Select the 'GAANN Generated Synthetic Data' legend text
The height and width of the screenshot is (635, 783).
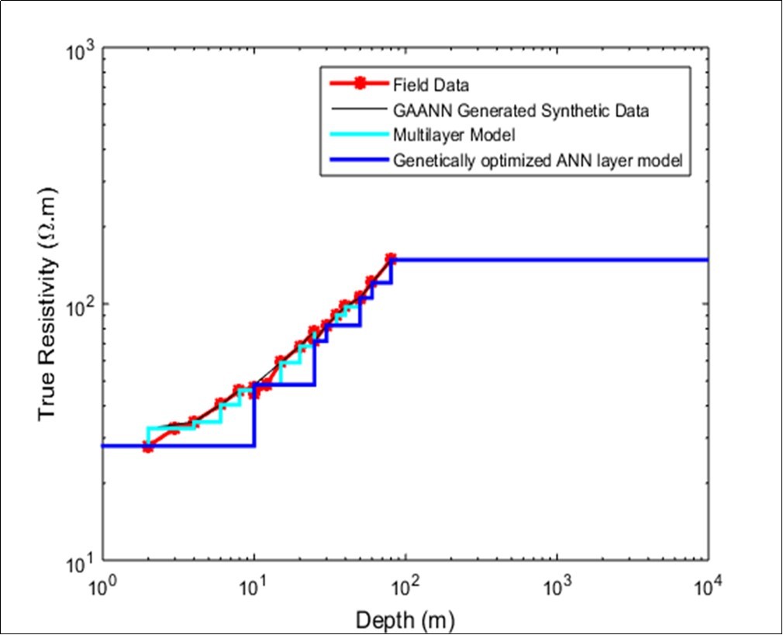pyautogui.click(x=521, y=111)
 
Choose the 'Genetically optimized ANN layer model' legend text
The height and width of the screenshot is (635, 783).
pyautogui.click(x=536, y=162)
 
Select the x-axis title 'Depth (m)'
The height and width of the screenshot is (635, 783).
pyautogui.click(x=404, y=619)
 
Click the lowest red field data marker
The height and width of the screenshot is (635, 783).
pyautogui.click(x=147, y=447)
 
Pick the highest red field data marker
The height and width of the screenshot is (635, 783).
pyautogui.click(x=391, y=258)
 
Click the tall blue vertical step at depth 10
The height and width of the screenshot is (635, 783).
pyautogui.click(x=254, y=415)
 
